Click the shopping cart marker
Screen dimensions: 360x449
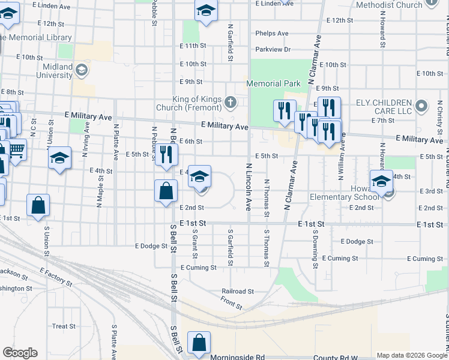[x=17, y=149]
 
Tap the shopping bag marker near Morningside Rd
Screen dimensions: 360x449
[x=199, y=343]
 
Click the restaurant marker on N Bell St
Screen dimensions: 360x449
[x=166, y=154]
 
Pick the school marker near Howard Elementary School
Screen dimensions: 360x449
[x=381, y=181]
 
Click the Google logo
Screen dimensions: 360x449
[x=20, y=353]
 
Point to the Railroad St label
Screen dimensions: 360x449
[x=238, y=291]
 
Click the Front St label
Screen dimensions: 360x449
[x=231, y=302]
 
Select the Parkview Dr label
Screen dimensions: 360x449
[x=273, y=49]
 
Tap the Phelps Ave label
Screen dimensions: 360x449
[x=271, y=34]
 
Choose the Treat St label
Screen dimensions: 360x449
[x=64, y=326]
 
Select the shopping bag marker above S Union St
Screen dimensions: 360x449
[x=38, y=205]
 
